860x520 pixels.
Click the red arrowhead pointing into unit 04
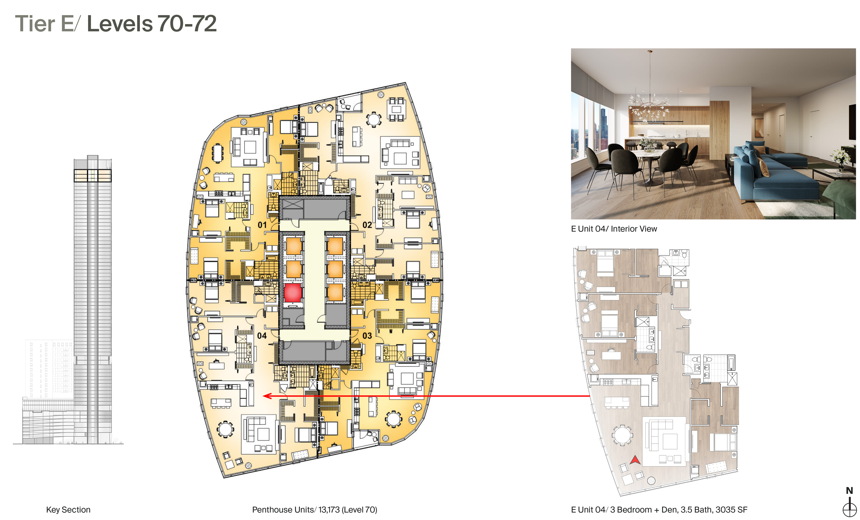click(x=267, y=396)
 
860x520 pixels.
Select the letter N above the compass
click(x=850, y=490)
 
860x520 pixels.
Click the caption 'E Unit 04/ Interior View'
click(x=614, y=229)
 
